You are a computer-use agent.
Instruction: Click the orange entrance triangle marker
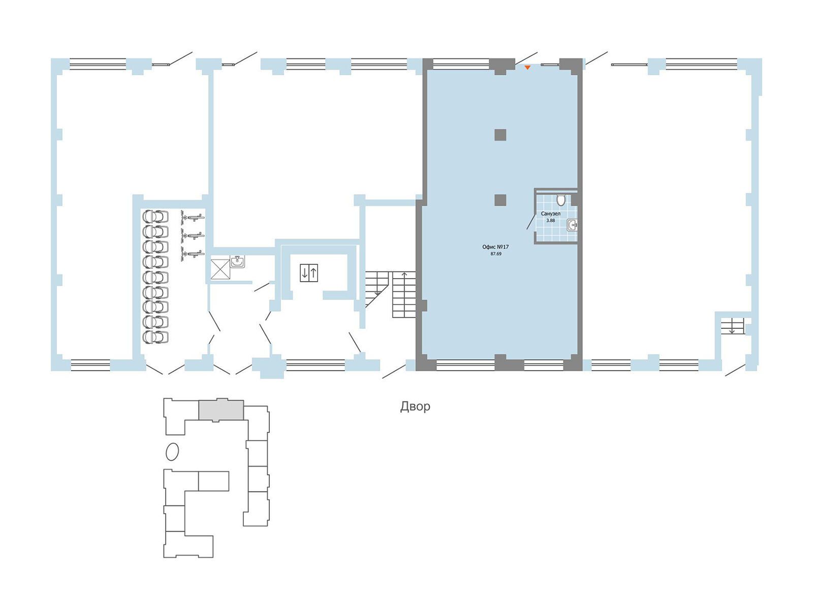(527, 68)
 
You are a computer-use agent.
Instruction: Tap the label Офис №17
(495, 247)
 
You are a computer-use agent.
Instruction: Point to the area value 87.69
(495, 254)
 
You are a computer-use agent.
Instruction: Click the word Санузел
(550, 213)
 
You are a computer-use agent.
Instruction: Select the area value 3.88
(551, 221)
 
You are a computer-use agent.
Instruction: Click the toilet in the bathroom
(561, 200)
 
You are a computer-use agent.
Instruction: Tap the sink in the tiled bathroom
(572, 225)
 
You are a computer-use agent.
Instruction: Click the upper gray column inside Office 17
(501, 135)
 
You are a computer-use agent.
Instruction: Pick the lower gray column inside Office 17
(501, 200)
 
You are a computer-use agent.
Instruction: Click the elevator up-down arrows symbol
(309, 273)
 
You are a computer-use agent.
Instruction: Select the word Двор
(415, 406)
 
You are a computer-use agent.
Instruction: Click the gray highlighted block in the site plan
(221, 410)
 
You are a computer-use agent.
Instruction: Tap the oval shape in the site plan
(172, 452)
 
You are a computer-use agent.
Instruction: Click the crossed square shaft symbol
(221, 269)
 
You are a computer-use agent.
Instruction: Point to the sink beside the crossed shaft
(237, 261)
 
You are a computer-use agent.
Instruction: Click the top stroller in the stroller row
(155, 216)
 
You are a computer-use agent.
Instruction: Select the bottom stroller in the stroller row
(155, 337)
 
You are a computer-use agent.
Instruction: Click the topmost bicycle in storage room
(193, 217)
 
